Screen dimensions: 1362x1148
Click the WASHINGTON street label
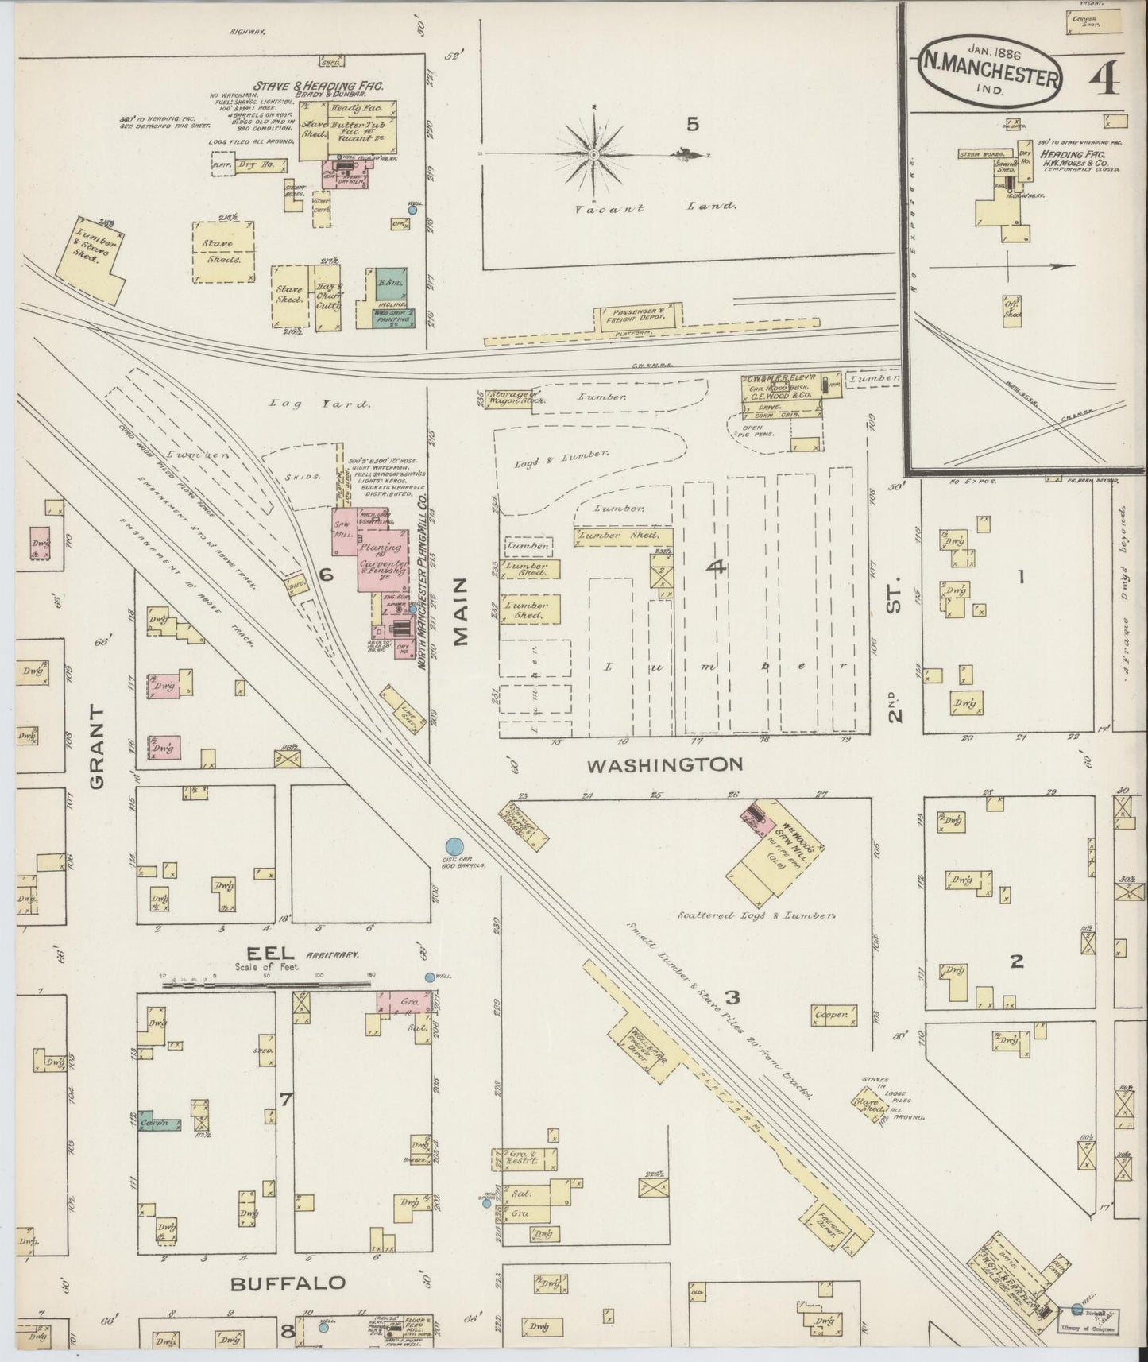pyautogui.click(x=665, y=764)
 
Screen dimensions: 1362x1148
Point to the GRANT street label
pyautogui.click(x=97, y=746)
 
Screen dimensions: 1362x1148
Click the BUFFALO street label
pyautogui.click(x=288, y=1283)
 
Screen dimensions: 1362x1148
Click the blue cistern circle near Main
pyautogui.click(x=454, y=848)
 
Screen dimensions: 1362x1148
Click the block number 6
pyautogui.click(x=324, y=573)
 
